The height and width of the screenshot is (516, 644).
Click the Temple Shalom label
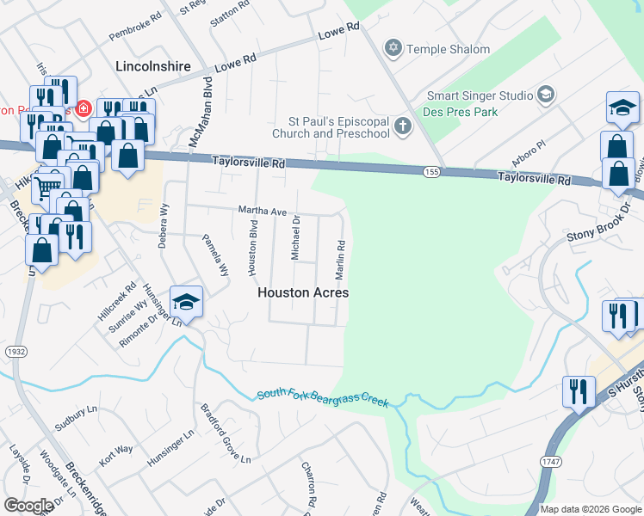[x=449, y=49]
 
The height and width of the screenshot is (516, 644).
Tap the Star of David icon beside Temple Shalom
[x=393, y=47]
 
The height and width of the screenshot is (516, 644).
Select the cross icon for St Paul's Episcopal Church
[x=401, y=127]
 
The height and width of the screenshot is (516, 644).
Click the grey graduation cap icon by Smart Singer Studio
[x=546, y=94]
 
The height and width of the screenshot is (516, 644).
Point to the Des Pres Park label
[x=460, y=112]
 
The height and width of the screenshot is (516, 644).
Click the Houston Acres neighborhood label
[x=303, y=292]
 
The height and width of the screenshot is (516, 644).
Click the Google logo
[x=28, y=506]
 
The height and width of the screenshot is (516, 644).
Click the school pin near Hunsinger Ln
[x=186, y=302]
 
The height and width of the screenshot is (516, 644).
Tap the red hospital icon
[x=84, y=109]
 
